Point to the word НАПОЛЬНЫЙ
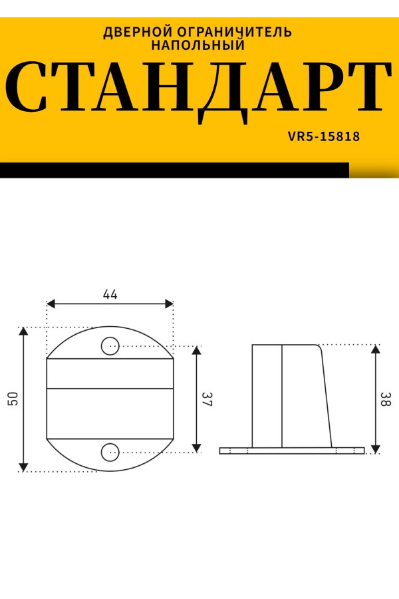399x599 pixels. (198, 45)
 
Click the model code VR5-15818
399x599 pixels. (324, 136)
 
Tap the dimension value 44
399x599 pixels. (110, 294)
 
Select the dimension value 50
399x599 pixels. (13, 399)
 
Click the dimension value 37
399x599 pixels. (207, 399)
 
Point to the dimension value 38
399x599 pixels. (386, 399)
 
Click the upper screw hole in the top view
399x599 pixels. (110, 345)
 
